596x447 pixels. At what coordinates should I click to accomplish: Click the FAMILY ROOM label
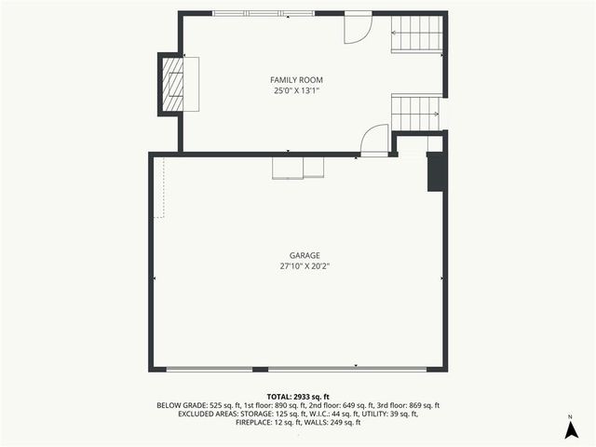point(297,80)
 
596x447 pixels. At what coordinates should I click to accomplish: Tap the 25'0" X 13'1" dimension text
point(297,91)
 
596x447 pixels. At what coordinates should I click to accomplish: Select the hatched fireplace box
point(173,85)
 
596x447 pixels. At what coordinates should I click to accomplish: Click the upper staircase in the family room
point(416,34)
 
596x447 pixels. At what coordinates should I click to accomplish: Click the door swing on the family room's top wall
point(358,28)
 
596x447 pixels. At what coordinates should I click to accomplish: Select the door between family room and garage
point(374,141)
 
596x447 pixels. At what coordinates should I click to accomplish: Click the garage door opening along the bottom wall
point(297,370)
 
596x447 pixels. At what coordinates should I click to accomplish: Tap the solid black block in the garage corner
point(436,171)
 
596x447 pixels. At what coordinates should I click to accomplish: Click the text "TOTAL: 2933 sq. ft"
point(298,397)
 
